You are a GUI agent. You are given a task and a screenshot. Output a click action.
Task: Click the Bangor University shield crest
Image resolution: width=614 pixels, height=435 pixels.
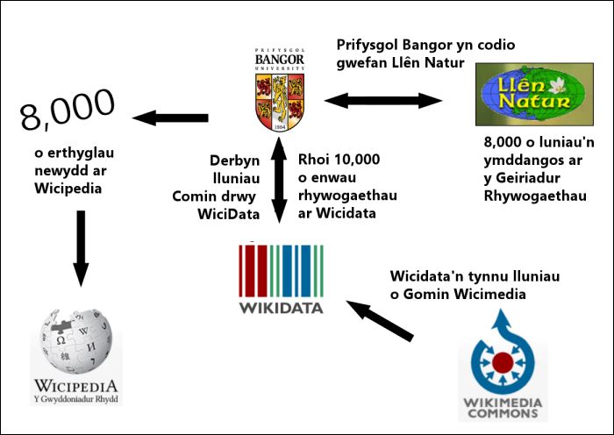[x=280, y=103]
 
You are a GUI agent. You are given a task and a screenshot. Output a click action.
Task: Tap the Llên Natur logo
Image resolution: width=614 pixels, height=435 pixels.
[x=534, y=95]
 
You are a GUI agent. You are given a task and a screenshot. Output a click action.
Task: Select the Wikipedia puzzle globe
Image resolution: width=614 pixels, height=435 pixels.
[x=77, y=341]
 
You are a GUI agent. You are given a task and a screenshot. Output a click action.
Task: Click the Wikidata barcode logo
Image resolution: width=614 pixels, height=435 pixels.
[x=282, y=270]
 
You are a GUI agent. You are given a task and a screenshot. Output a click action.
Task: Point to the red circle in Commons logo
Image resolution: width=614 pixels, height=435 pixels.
[x=503, y=362]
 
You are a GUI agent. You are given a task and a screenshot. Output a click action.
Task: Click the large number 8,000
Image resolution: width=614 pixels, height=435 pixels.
[x=68, y=110]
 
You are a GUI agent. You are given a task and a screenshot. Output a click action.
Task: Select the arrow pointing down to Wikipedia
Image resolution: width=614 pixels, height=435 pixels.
[x=81, y=248]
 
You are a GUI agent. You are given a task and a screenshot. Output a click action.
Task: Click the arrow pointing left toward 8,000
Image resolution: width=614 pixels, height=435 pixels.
[x=170, y=118]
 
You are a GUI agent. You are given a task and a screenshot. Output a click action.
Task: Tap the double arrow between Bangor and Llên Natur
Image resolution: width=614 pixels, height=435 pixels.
[x=383, y=101]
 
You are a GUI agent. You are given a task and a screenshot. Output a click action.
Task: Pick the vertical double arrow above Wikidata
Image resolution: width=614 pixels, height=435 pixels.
[x=279, y=180]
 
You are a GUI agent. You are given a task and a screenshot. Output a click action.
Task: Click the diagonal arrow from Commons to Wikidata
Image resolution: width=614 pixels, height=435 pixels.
[x=380, y=321]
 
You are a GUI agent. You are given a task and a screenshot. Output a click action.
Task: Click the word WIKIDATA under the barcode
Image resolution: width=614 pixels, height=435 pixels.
[x=282, y=308]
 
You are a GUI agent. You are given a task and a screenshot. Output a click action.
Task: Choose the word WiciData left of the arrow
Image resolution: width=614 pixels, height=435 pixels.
[x=228, y=214]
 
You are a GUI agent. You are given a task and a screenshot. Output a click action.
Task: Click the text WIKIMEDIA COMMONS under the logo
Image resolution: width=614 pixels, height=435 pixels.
[x=503, y=408]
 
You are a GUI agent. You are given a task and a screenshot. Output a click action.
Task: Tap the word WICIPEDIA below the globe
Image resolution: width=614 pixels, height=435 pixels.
[x=76, y=386]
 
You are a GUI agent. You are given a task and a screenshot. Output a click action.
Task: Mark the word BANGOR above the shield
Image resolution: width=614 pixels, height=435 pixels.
[x=280, y=60]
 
